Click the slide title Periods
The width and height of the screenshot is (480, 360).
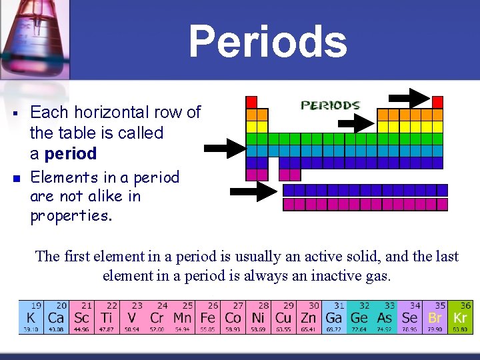268,41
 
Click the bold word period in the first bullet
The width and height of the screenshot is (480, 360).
71,154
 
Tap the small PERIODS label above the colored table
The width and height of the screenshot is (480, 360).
331,105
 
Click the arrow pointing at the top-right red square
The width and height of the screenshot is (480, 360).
409,99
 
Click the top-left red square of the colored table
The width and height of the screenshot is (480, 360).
251,102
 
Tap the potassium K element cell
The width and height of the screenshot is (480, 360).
31,317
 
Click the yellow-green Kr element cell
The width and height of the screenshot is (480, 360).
459,317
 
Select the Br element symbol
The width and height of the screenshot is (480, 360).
435,319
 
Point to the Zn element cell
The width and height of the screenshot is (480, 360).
309,317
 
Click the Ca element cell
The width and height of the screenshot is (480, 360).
56,317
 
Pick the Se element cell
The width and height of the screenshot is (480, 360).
409,317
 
